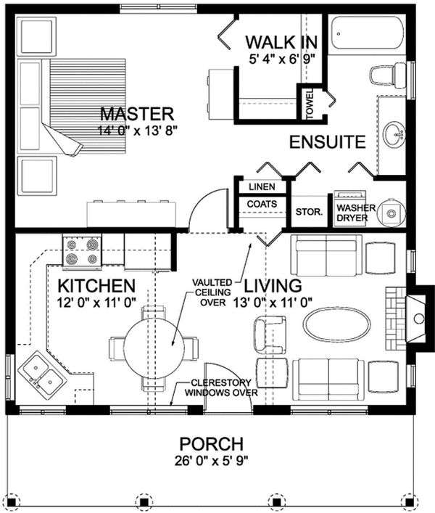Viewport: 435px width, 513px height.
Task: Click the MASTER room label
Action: [137, 114]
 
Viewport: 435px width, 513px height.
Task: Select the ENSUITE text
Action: [327, 142]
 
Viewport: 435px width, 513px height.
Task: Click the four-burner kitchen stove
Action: [81, 252]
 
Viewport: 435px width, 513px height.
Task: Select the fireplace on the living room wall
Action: [410, 318]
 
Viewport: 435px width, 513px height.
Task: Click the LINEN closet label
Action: [262, 186]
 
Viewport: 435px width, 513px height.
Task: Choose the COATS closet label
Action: [262, 204]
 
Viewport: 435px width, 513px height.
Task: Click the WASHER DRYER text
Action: [356, 211]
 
